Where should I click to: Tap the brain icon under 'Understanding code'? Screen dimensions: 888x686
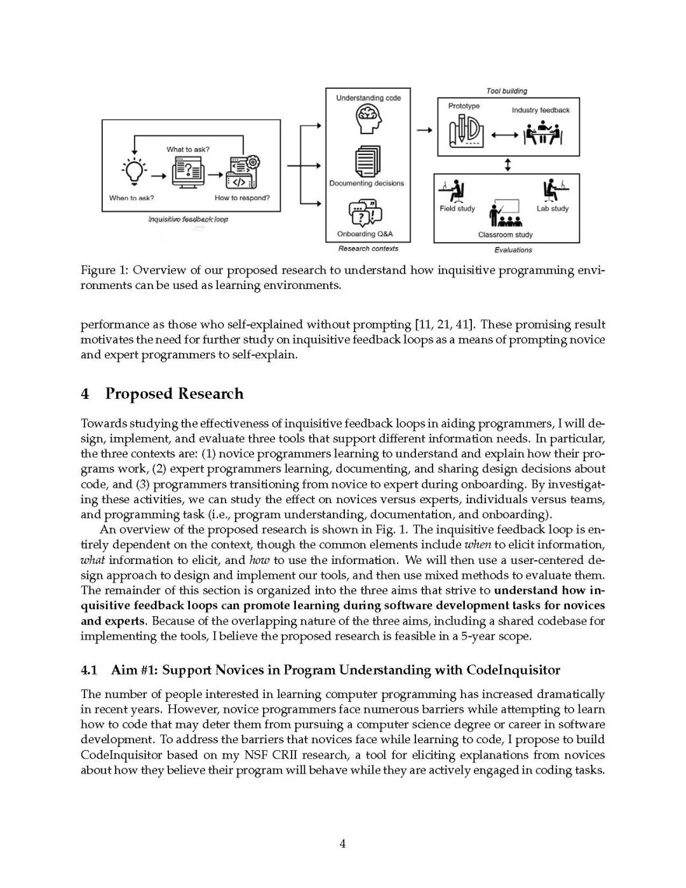click(368, 119)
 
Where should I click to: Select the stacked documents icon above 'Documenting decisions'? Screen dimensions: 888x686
click(368, 161)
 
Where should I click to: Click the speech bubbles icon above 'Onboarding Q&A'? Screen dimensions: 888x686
click(366, 213)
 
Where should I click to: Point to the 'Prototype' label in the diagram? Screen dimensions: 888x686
click(464, 106)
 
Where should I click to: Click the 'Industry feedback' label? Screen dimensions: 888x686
click(541, 111)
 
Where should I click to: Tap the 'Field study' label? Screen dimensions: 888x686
click(457, 208)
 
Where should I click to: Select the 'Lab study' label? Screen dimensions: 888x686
click(552, 208)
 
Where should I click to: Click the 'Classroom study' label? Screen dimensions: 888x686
click(505, 234)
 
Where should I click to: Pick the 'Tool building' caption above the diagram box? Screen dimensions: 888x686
click(506, 91)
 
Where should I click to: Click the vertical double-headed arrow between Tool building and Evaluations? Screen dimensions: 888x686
click(508, 165)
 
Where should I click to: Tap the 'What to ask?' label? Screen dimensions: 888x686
click(187, 149)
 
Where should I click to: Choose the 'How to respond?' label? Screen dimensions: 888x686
click(241, 198)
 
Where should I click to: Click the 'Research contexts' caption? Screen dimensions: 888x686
click(368, 248)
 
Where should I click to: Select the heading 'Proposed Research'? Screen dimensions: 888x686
click(174, 394)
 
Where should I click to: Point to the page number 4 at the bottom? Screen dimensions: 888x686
click(342, 844)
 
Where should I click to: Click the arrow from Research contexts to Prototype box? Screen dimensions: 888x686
click(424, 130)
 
